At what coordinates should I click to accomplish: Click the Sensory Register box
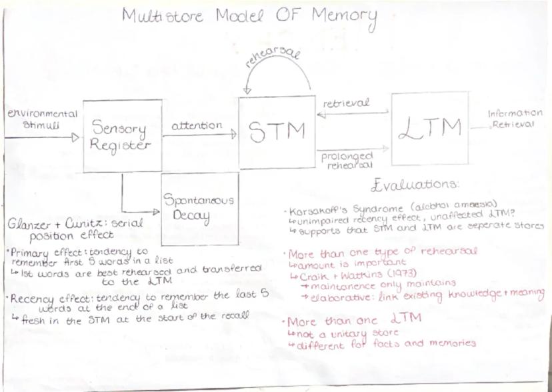pyautogui.click(x=121, y=137)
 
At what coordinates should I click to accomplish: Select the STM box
pyautogui.click(x=276, y=131)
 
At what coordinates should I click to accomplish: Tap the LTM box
pyautogui.click(x=429, y=127)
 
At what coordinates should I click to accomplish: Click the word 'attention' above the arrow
pyautogui.click(x=197, y=125)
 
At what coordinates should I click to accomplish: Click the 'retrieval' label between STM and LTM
pyautogui.click(x=345, y=104)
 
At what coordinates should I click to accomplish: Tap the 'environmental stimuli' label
pyautogui.click(x=42, y=119)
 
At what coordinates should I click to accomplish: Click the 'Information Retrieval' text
pyautogui.click(x=515, y=119)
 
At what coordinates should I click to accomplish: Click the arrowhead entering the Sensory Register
pyautogui.click(x=76, y=138)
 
